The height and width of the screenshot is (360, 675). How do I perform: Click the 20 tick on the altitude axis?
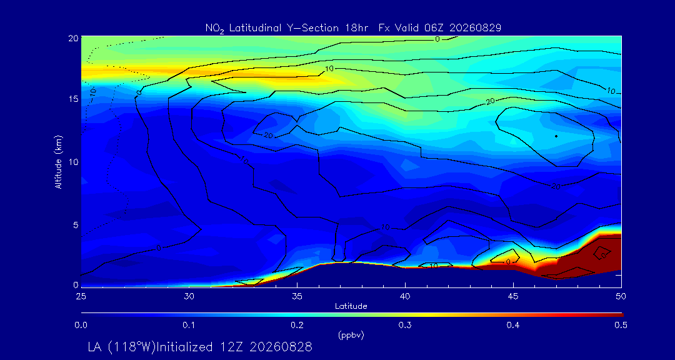pos(72,37)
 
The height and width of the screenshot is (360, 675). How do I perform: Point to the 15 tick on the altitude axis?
pos(72,99)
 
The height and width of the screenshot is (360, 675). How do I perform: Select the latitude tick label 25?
pos(81,296)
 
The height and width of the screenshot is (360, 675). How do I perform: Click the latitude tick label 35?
pos(297,296)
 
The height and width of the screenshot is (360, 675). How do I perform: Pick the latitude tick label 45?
pos(513,296)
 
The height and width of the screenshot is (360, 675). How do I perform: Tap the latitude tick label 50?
pos(621,296)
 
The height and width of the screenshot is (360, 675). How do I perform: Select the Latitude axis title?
pos(351,306)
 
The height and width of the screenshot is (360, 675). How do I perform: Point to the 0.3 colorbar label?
pos(405,325)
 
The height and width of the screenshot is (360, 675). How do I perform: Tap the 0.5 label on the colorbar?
pos(621,325)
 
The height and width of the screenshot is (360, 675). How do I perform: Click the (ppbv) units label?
pos(351,336)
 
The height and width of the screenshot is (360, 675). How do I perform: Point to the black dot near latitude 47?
pos(556,136)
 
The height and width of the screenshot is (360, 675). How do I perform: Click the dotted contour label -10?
pos(92,91)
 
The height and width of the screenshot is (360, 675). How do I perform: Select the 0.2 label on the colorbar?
pos(297,325)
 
